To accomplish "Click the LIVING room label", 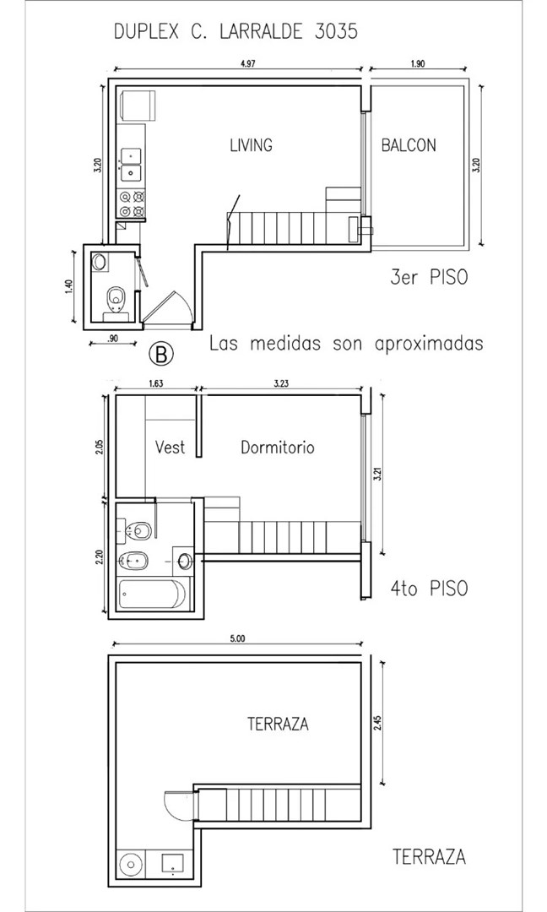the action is tap(251, 145).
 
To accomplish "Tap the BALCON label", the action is tap(409, 145).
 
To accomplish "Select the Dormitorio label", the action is tap(277, 448).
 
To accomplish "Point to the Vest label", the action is tap(171, 448).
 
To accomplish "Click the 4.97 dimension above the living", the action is tap(247, 64).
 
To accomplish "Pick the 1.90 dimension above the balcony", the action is tap(417, 64).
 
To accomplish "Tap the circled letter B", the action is tap(162, 354).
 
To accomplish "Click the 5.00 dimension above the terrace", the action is tap(237, 638).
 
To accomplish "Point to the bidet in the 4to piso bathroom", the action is tap(133, 562).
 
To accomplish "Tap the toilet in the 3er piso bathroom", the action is tap(116, 298).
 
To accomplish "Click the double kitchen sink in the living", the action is tap(131, 165).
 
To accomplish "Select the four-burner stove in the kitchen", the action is tap(132, 204).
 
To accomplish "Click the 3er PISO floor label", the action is tap(429, 278).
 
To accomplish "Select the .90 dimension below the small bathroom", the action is tap(113, 337).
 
